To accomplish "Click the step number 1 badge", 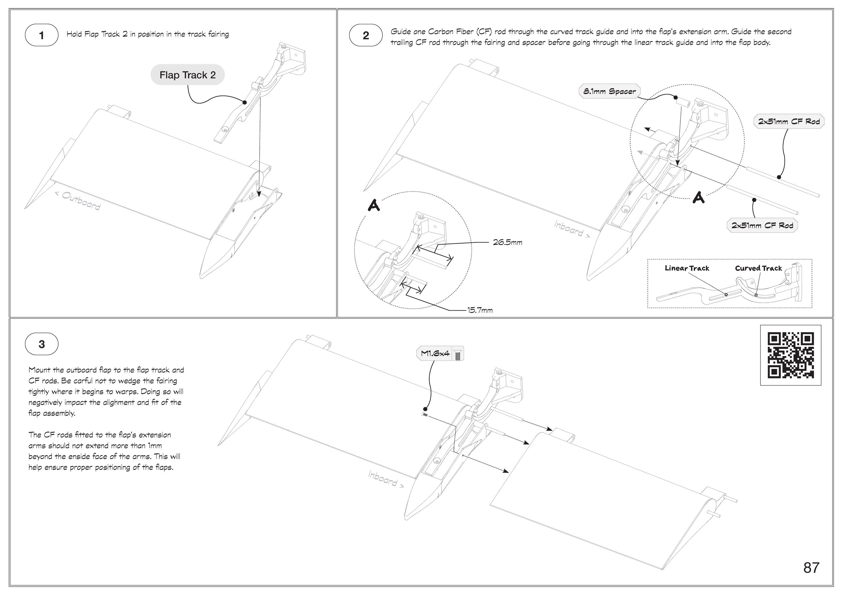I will coord(41,35).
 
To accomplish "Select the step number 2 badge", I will coord(366,35).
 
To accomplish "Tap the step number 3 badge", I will coord(41,344).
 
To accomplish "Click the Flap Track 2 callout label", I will coord(187,75).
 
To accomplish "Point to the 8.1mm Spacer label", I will coord(610,91).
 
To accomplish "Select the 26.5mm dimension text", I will coord(508,242).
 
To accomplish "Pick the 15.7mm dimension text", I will coord(480,310).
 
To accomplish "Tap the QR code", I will coord(791,355).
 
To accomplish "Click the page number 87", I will coord(811,568).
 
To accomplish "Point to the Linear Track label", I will coord(687,268).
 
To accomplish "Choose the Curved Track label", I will coord(758,268).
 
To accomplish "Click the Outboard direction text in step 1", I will coord(78,201).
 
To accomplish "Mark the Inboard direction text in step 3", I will coord(386,480).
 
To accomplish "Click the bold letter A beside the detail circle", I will coord(374,206).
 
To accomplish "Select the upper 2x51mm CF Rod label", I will coord(789,121).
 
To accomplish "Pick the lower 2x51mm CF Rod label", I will coord(762,225).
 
